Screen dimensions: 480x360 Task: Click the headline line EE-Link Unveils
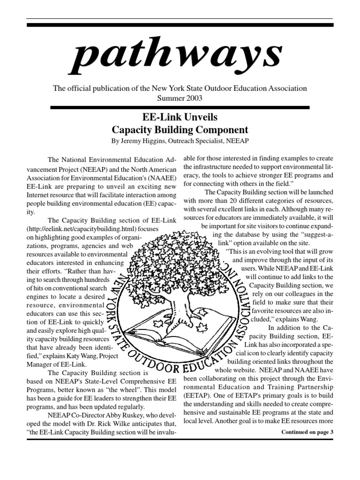pos(180,117)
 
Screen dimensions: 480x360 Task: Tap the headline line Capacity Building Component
pos(180,129)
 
